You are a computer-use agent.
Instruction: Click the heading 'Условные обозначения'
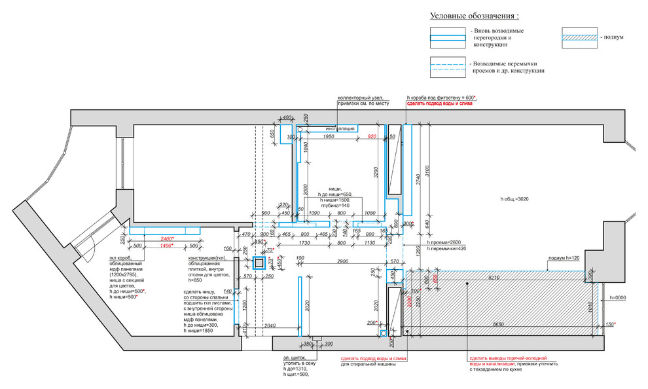tap(474, 16)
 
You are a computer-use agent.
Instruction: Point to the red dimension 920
tap(373, 136)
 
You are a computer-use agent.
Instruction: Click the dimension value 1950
tap(329, 136)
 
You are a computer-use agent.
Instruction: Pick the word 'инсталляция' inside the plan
tap(340, 129)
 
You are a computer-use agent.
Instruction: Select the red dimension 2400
tap(168, 239)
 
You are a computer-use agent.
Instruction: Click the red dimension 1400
tap(168, 245)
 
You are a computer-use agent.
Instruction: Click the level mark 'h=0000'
tap(619, 298)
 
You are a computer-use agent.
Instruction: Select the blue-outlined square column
tap(259, 263)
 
